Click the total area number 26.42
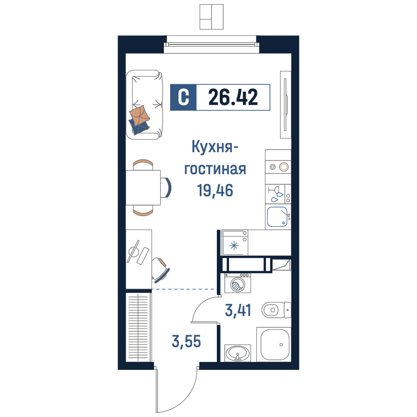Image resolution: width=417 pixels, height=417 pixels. (x=233, y=97)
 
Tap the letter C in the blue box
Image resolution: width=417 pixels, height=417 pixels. (x=183, y=97)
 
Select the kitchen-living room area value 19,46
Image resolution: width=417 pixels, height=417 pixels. (x=215, y=191)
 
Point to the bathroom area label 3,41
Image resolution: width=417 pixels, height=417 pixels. (x=238, y=310)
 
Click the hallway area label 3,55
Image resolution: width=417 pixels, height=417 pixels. (x=186, y=341)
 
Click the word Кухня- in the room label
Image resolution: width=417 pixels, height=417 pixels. (x=215, y=147)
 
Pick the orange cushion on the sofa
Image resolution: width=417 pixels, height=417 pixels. (x=139, y=116)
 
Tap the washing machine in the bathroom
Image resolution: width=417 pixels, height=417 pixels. (x=238, y=283)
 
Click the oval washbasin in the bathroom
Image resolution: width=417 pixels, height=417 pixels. (x=238, y=353)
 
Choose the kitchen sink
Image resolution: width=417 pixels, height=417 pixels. (x=277, y=217)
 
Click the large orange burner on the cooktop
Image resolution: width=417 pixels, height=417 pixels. (x=284, y=167)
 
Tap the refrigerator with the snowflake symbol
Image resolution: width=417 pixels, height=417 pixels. (x=235, y=243)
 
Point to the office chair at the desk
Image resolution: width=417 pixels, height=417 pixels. (x=160, y=269)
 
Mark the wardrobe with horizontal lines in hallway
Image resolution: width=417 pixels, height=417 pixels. (x=138, y=327)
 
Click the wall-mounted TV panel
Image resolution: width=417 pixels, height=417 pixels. (x=286, y=105)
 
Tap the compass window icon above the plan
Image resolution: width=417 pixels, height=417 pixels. (x=211, y=17)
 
